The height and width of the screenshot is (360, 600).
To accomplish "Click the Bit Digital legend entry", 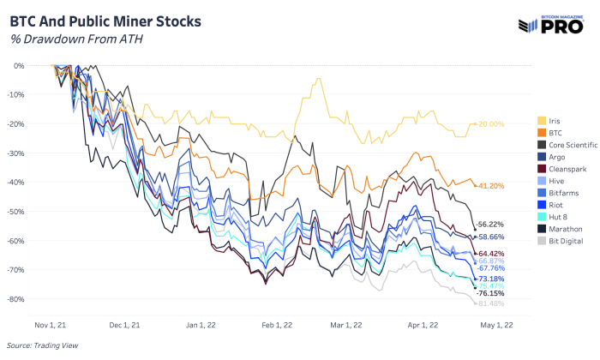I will coord(564,242).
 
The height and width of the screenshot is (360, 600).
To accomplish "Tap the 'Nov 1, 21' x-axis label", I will coord(52,325).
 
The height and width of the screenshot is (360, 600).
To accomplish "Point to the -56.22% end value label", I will coord(492,224).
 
